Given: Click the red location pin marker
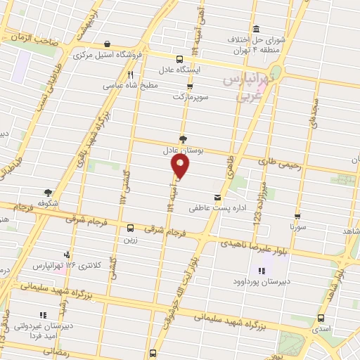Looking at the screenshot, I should (x=181, y=167).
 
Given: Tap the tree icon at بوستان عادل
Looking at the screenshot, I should (x=184, y=139).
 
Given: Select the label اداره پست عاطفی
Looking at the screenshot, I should (x=212, y=208).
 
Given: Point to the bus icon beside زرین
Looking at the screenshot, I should (x=130, y=228).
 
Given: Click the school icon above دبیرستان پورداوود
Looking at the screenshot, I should (x=262, y=271).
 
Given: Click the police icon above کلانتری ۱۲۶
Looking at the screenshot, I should (x=67, y=255).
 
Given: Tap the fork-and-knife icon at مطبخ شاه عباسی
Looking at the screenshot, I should (x=131, y=74).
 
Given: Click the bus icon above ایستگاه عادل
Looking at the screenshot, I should (x=179, y=59).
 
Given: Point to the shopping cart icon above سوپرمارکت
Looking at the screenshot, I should (x=180, y=86).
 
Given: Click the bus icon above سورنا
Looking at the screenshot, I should (x=297, y=217).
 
